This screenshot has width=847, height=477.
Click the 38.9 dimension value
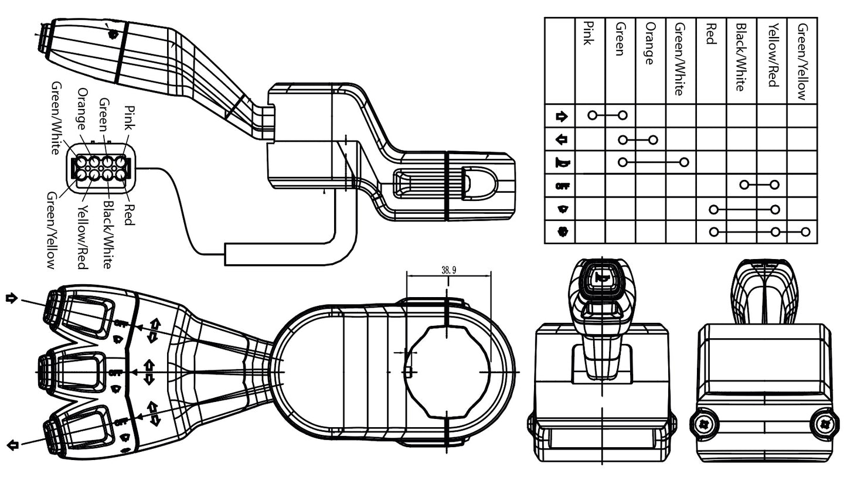pyautogui.click(x=448, y=270)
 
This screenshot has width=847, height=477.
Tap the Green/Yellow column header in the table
pyautogui.click(x=802, y=61)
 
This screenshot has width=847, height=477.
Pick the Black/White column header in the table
pyautogui.click(x=740, y=57)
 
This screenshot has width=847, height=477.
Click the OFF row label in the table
pyautogui.click(x=562, y=186)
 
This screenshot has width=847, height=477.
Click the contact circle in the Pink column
pyautogui.click(x=592, y=115)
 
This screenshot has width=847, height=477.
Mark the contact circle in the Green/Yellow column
pyautogui.click(x=805, y=232)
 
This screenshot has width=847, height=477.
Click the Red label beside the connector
pyautogui.click(x=130, y=214)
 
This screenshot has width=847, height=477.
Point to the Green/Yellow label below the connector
pyautogui.click(x=52, y=230)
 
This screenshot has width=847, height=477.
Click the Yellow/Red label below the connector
pyautogui.click(x=82, y=237)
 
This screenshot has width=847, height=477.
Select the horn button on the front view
pyautogui.click(x=601, y=280)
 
